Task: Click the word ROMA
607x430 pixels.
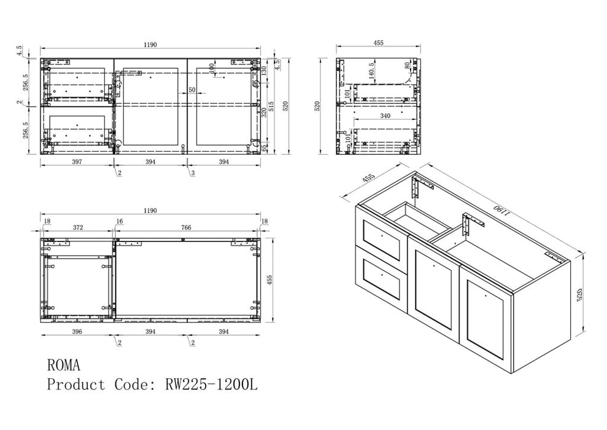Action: (x=63, y=365)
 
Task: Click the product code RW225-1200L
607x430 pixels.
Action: (x=211, y=385)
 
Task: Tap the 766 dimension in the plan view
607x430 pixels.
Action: (x=186, y=228)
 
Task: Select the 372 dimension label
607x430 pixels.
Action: (x=78, y=228)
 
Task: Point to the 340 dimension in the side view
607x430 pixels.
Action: (x=385, y=115)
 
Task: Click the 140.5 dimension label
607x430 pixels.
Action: (x=372, y=71)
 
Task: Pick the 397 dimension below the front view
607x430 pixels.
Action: (x=77, y=162)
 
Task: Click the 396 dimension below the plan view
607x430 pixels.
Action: (x=77, y=332)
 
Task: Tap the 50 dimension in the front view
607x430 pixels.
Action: (x=192, y=90)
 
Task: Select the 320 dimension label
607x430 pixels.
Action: (x=264, y=113)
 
